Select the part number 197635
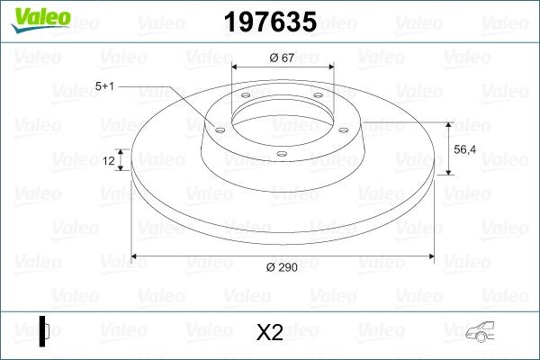tap(269, 22)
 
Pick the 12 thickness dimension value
tap(109, 161)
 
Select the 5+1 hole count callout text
tap(104, 87)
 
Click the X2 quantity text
tap(270, 333)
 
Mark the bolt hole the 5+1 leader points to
tap(217, 128)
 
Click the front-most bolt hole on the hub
tap(282, 154)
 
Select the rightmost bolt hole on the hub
tap(341, 127)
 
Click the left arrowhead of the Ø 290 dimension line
tap(136, 256)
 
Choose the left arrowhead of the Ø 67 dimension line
tap(237, 68)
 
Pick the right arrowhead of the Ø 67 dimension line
tap(330, 68)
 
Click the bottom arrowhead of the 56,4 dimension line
tap(447, 174)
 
